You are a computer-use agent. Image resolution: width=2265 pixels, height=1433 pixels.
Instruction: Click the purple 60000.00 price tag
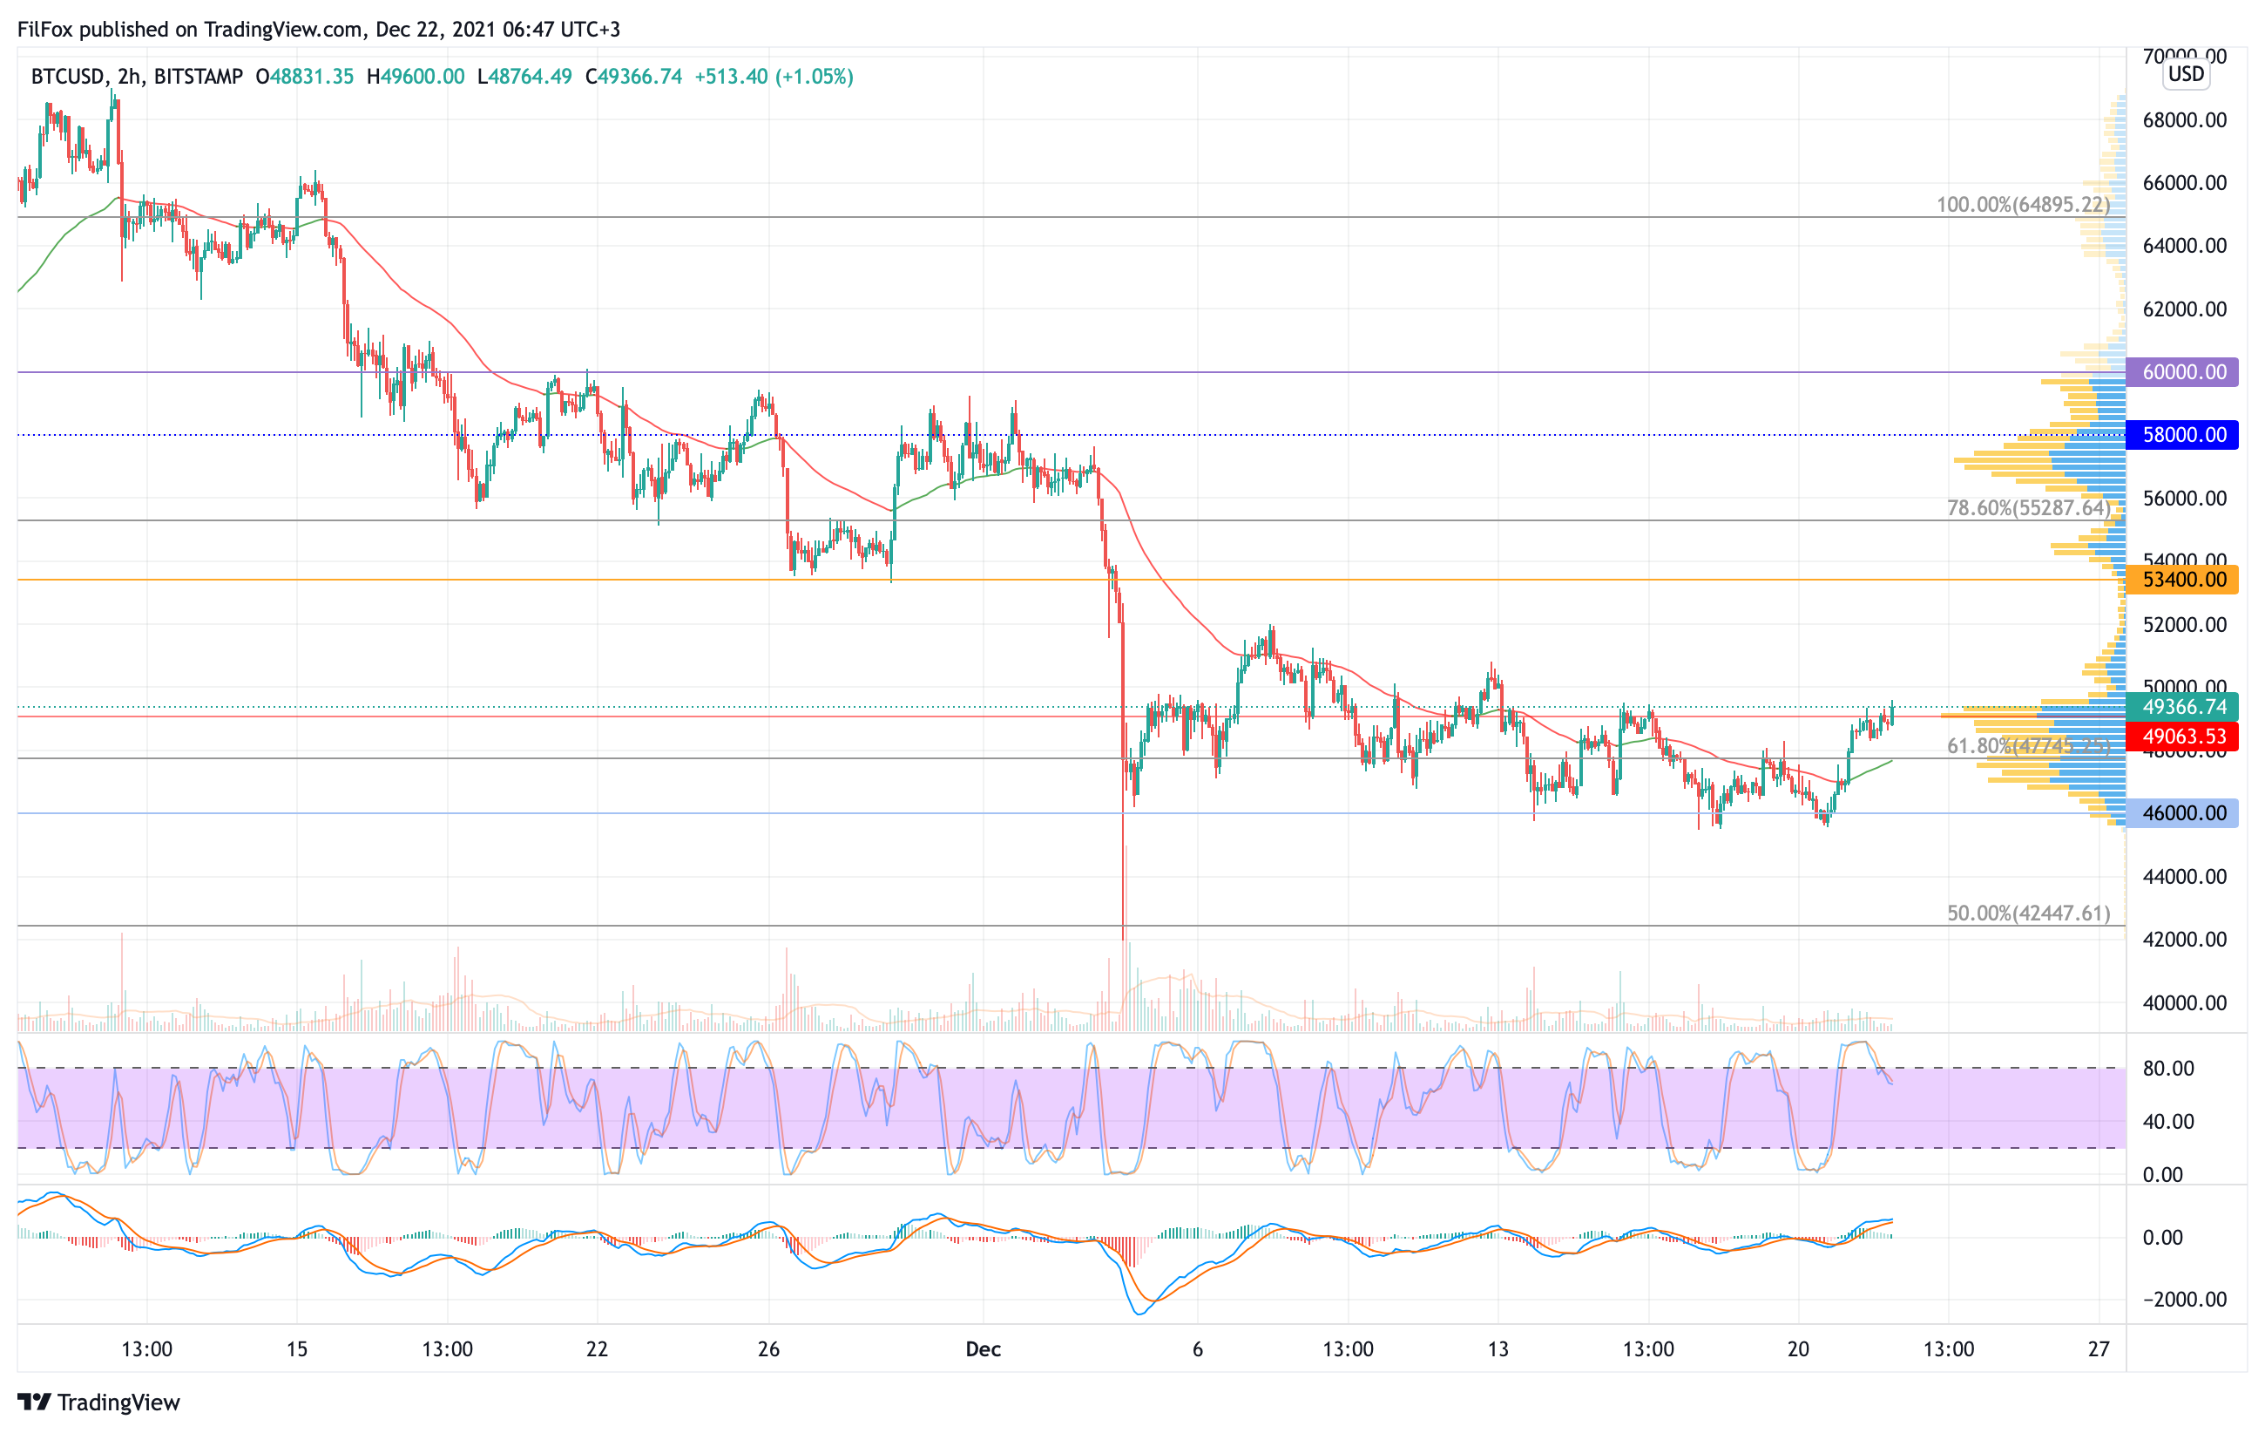click(2182, 371)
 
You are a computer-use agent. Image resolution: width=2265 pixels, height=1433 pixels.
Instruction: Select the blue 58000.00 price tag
click(2182, 435)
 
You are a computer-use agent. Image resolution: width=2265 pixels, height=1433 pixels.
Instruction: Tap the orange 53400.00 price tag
click(2182, 580)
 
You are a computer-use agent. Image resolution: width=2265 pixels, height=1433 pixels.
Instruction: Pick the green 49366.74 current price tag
click(2182, 707)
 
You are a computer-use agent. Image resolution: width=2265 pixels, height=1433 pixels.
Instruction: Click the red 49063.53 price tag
click(2182, 736)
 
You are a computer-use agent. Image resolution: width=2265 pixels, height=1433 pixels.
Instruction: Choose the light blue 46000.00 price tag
click(2182, 813)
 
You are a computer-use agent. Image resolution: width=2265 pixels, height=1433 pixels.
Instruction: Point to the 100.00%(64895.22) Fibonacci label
click(2022, 204)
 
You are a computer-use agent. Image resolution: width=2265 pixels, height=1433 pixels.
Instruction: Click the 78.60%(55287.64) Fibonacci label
click(2028, 508)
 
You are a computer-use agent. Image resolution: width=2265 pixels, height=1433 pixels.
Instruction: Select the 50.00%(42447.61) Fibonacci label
click(2028, 913)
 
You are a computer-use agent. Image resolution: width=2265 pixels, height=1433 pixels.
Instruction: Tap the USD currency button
click(2186, 73)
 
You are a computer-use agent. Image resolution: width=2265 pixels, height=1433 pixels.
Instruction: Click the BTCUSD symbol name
click(68, 76)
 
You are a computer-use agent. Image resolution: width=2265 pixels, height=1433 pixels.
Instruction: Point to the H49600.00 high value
click(416, 76)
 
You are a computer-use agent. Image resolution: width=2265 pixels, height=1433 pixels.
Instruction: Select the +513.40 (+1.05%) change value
click(774, 76)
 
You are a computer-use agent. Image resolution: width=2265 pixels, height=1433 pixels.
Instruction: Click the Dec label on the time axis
click(983, 1349)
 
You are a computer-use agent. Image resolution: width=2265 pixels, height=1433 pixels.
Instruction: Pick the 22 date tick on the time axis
click(597, 1349)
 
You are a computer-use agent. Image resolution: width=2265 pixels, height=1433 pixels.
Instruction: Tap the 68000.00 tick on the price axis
click(2184, 119)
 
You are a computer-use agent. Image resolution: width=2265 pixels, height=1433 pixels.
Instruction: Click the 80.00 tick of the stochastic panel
click(2168, 1068)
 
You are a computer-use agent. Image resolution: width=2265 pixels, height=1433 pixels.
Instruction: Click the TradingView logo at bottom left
click(98, 1402)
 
